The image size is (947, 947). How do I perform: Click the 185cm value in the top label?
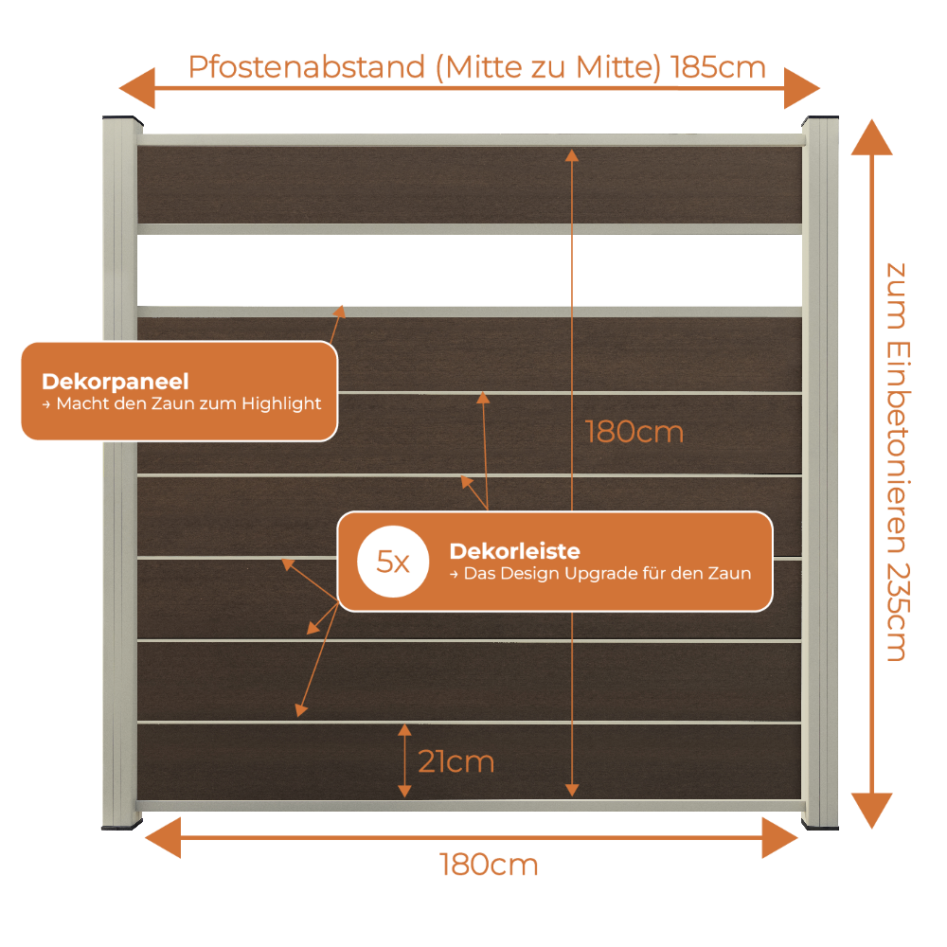(718, 67)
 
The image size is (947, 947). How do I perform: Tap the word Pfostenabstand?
(307, 67)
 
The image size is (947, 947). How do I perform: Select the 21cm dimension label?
(456, 761)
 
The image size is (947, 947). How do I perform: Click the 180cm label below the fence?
(489, 865)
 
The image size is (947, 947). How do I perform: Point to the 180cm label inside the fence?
(634, 433)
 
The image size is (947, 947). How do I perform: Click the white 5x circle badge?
(393, 562)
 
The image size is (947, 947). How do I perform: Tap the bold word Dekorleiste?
(514, 551)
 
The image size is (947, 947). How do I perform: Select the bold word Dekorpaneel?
(116, 382)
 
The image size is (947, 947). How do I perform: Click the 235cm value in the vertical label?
(898, 613)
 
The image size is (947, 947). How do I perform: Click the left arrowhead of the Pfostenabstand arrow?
(137, 88)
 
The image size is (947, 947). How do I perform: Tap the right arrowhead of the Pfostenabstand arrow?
(802, 88)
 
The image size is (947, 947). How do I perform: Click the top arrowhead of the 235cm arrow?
(871, 137)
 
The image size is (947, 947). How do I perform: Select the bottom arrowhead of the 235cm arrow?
(871, 811)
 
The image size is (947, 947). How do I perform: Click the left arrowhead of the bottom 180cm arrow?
(163, 838)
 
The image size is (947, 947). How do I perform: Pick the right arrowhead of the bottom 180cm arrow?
(779, 838)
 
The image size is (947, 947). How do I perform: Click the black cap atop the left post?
(122, 119)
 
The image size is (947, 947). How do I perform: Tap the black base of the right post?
(820, 826)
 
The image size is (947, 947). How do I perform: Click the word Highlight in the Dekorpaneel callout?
(281, 403)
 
